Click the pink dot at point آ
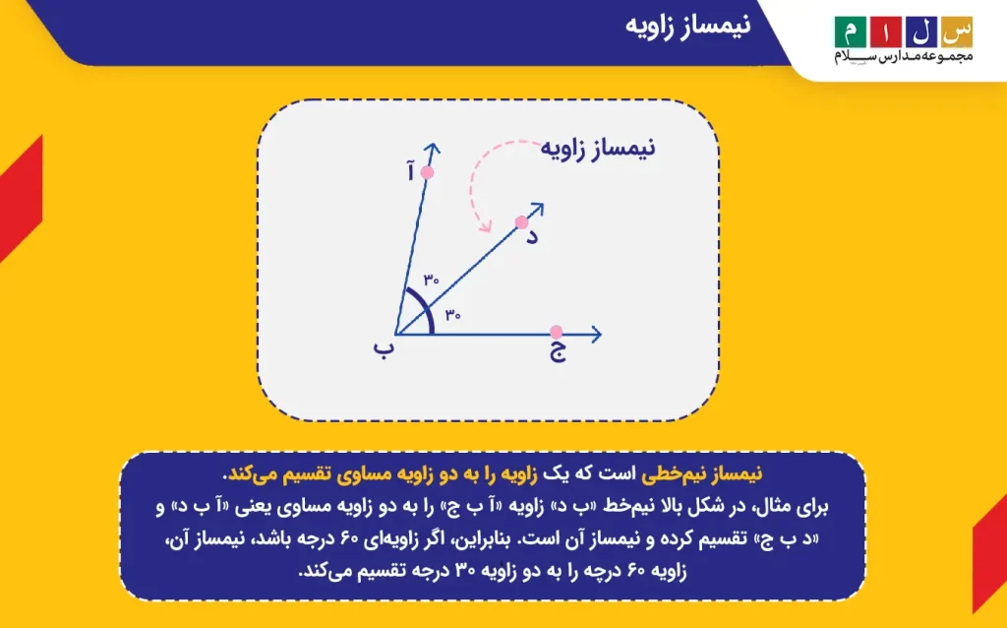[427, 172]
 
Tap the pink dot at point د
[521, 222]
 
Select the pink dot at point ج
[557, 332]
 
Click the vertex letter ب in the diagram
[383, 349]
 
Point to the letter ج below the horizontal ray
[558, 352]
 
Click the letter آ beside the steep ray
[410, 171]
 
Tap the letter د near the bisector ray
[532, 236]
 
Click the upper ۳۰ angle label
[431, 280]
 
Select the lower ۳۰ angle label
[452, 314]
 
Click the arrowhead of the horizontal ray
[596, 335]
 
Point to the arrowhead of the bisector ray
[538, 210]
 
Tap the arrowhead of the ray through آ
[433, 150]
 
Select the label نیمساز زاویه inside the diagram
[597, 148]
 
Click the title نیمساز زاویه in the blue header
[687, 26]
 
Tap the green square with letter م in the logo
[851, 32]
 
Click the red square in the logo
[886, 32]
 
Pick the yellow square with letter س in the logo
[957, 32]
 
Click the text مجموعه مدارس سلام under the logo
[904, 56]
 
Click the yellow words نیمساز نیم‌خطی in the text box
[701, 473]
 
